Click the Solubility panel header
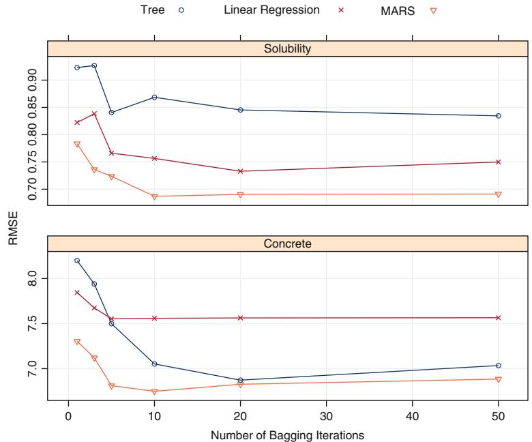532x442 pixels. (x=287, y=49)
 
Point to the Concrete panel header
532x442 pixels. (x=287, y=243)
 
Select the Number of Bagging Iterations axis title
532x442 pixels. (x=287, y=434)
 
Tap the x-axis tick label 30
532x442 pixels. (x=326, y=414)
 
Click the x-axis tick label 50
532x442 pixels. (x=498, y=414)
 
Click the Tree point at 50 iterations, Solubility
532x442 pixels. (x=499, y=116)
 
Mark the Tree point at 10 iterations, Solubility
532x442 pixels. (x=154, y=98)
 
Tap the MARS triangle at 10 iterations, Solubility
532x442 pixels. (x=154, y=196)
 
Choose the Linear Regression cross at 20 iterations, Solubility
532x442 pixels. (x=240, y=171)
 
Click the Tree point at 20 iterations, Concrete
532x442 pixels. (x=240, y=380)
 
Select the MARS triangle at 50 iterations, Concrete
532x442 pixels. (x=499, y=379)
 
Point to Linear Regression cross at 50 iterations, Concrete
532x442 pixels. (x=499, y=317)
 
